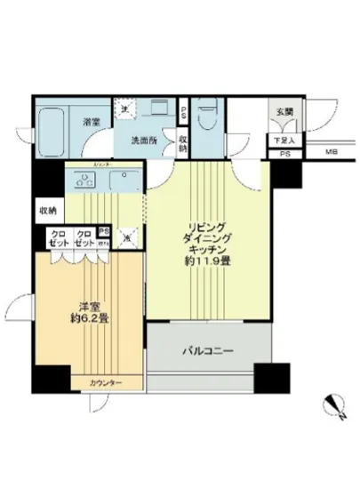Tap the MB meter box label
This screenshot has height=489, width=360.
point(331,153)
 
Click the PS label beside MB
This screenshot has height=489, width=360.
point(284,153)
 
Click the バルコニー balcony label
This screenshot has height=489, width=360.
point(212,352)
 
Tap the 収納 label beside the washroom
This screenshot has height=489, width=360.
point(182,143)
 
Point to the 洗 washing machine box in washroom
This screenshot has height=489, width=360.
point(126,108)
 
